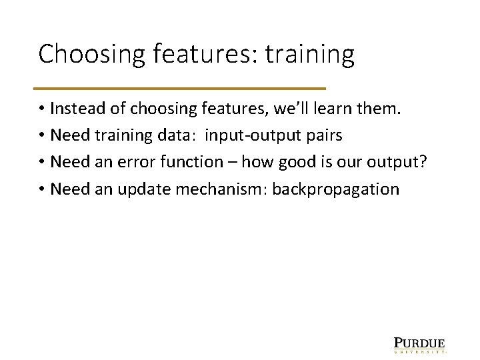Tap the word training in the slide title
point(310,55)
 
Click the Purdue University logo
point(419,343)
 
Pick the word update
point(141,189)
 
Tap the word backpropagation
point(327,189)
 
